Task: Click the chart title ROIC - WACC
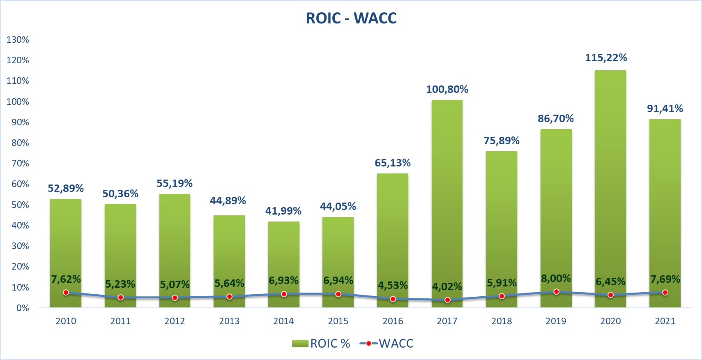tap(351, 18)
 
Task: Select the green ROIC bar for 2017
tap(447, 197)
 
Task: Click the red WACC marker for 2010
tap(66, 293)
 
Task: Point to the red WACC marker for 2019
tap(556, 292)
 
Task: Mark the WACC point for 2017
tap(447, 300)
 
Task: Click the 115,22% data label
tap(606, 58)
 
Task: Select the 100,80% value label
tap(447, 90)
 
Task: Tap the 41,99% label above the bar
tap(283, 211)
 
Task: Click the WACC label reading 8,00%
tap(556, 279)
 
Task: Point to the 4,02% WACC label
tap(447, 286)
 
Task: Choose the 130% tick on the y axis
tap(18, 40)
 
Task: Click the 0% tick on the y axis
tap(23, 308)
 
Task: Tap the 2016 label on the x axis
tap(393, 321)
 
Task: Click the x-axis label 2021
tap(665, 321)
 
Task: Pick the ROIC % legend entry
tap(321, 344)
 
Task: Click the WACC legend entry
tap(387, 344)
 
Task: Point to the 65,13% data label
tap(393, 163)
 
